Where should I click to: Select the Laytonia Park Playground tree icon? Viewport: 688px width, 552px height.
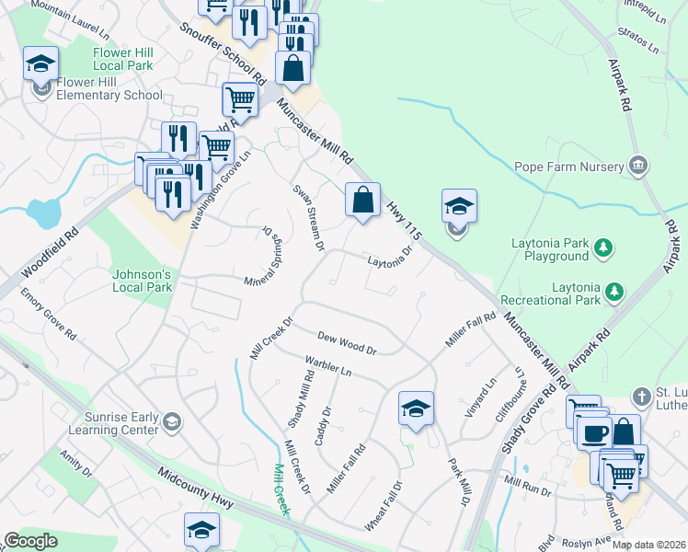coord(602,247)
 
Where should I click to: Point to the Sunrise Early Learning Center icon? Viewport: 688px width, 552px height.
coord(171,422)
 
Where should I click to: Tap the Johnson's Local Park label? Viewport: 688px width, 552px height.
coord(142,281)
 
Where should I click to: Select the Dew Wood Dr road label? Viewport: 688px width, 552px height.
coord(347,343)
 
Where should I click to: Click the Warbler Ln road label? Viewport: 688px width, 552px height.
coord(328,368)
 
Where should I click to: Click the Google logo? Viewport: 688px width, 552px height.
coord(30,541)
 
